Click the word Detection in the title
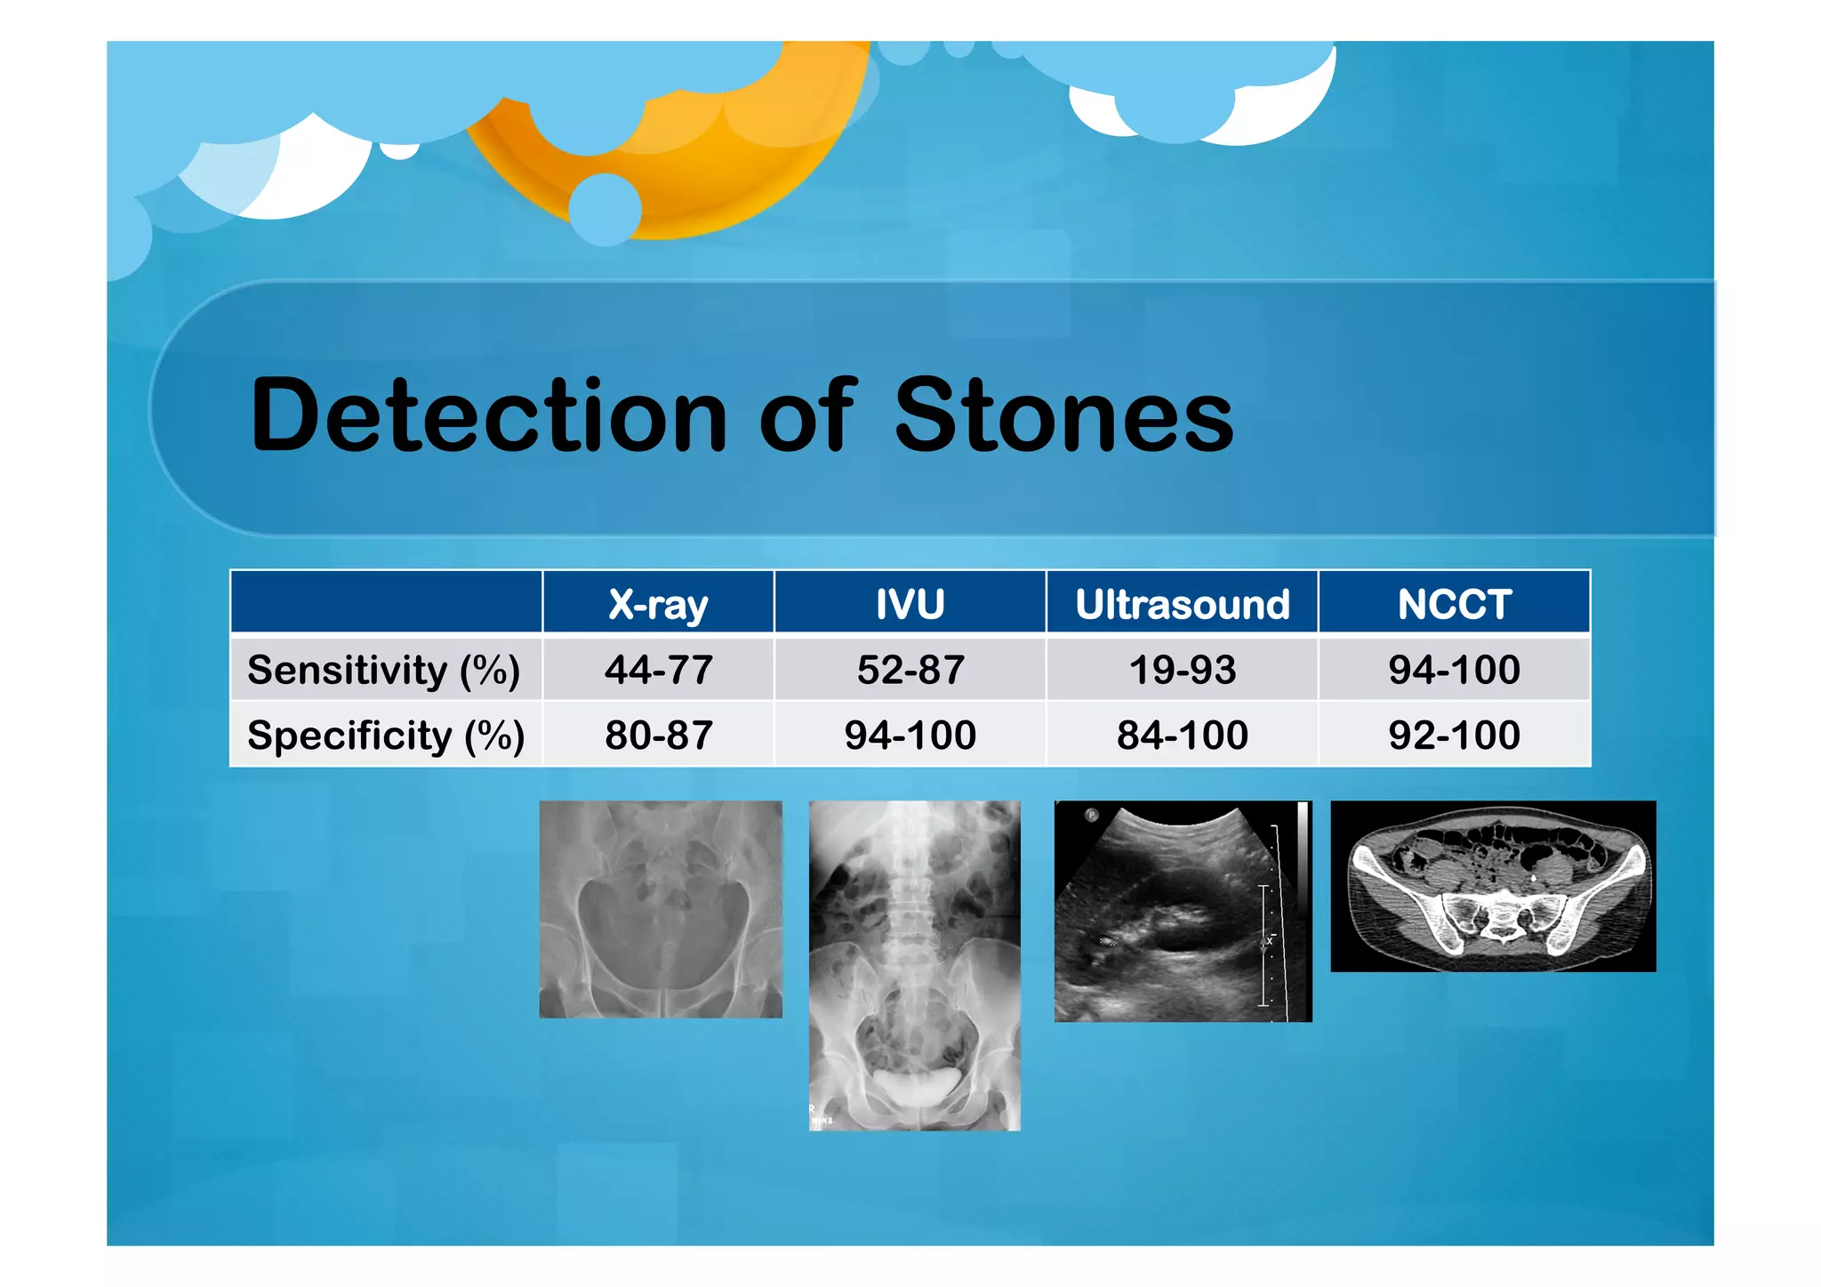[488, 415]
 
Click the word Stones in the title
[1063, 415]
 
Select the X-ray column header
[658, 604]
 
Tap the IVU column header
[910, 604]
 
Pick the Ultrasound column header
[1182, 604]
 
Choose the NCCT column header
[1454, 604]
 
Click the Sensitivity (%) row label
[384, 670]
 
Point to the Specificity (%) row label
[386, 736]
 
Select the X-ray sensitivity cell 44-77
[658, 670]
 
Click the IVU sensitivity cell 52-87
[910, 670]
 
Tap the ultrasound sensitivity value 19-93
[1182, 670]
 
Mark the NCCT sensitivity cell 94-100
[1454, 670]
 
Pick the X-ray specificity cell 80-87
[658, 736]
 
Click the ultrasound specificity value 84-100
[1182, 736]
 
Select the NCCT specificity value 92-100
[1454, 736]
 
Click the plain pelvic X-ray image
[661, 909]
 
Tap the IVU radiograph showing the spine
[914, 965]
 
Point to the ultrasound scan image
[1182, 911]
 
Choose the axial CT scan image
[1493, 886]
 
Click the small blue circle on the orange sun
[605, 210]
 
